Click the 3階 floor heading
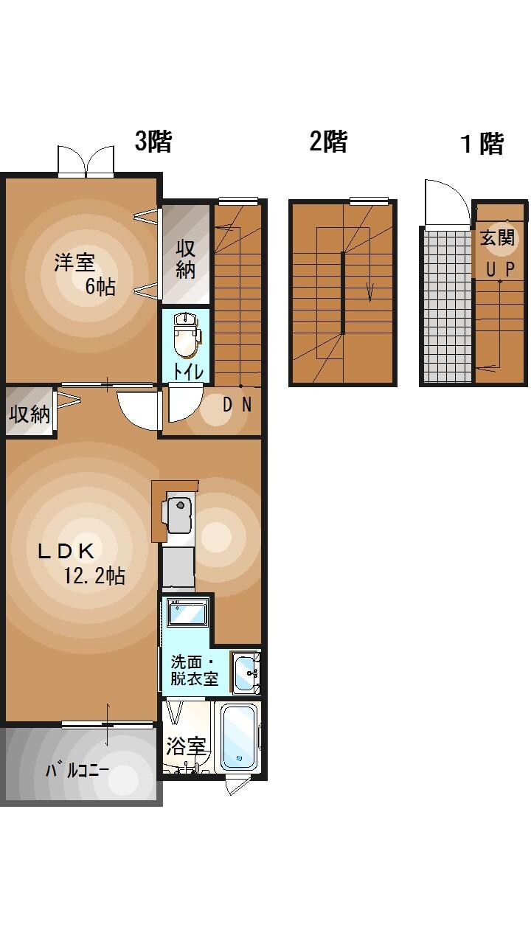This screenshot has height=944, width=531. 153,141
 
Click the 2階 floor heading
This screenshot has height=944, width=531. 328,141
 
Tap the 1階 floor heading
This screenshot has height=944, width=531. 482,144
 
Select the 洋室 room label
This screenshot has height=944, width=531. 74,263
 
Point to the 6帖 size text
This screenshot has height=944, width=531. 100,286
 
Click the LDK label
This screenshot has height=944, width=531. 66,551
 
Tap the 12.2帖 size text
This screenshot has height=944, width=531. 94,576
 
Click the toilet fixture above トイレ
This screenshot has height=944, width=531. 185,336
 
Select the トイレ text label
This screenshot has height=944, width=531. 188,371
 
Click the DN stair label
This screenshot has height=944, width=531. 237,404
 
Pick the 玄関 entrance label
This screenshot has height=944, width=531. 499,238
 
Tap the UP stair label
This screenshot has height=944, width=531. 499,269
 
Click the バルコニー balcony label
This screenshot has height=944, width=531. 77,771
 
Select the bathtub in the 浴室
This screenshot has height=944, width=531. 239,736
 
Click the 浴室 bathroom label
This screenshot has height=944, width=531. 185,746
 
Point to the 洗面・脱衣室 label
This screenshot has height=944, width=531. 195,670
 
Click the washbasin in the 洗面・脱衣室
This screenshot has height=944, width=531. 245,672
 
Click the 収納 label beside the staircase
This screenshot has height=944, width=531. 185,258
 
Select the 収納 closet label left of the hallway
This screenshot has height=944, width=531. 29,414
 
